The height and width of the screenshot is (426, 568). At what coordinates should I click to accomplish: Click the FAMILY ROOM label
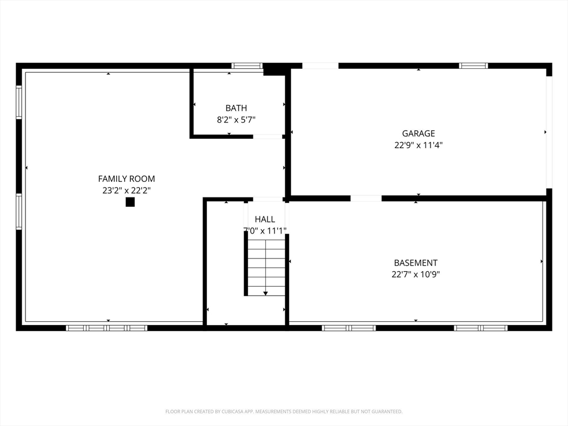click(x=126, y=179)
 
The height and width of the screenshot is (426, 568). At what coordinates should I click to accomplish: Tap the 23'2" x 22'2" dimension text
click(x=126, y=190)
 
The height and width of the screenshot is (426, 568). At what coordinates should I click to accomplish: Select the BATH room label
click(x=236, y=108)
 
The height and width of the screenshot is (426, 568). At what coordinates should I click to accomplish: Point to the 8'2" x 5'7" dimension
click(x=236, y=119)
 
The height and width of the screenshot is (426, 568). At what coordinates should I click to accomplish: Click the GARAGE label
click(x=418, y=133)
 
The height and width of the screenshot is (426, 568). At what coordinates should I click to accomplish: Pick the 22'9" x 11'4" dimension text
click(x=418, y=145)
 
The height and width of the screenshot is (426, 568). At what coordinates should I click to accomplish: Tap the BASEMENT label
click(x=415, y=263)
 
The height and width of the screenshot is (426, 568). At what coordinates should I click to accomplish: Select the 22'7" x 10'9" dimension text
click(x=415, y=274)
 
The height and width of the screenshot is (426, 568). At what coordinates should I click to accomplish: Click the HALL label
click(x=265, y=219)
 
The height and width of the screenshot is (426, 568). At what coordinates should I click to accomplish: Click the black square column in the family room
click(x=130, y=202)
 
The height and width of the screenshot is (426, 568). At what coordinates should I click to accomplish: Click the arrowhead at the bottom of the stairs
click(x=266, y=293)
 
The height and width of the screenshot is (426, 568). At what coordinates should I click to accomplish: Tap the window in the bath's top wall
click(x=247, y=65)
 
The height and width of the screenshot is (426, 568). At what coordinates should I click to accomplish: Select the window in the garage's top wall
click(x=474, y=65)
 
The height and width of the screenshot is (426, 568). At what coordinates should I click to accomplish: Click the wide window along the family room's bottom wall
click(x=106, y=328)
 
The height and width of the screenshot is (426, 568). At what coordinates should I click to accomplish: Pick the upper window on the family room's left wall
click(x=19, y=102)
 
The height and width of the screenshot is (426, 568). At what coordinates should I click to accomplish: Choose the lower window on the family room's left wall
click(x=19, y=211)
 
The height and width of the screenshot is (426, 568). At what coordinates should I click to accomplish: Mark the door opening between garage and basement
click(x=366, y=198)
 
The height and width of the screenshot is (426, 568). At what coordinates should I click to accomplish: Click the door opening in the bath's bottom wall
click(x=267, y=136)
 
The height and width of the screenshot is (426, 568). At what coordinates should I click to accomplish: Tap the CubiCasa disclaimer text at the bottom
click(x=284, y=412)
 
